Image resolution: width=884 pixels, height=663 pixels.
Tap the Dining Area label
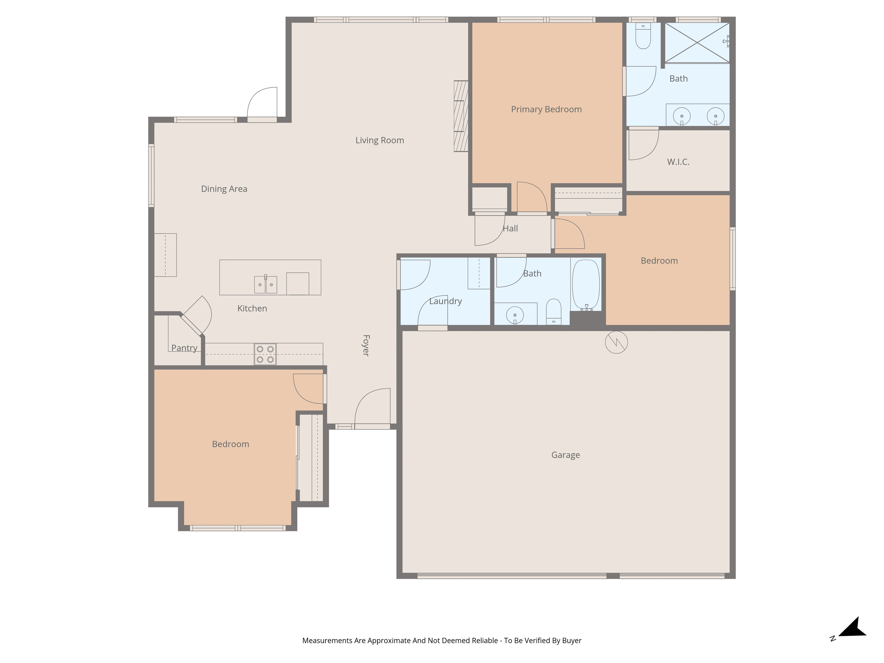[224, 189]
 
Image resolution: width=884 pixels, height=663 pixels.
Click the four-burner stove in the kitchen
[265, 354]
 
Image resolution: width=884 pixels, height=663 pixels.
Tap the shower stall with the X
[697, 42]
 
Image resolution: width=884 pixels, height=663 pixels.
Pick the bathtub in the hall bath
[586, 285]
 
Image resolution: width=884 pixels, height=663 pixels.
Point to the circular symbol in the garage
[616, 342]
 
